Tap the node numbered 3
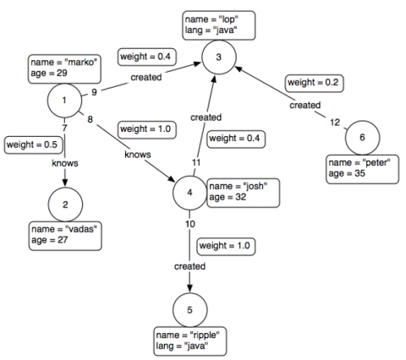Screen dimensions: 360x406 click(218, 56)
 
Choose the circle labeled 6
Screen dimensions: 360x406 click(362, 138)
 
